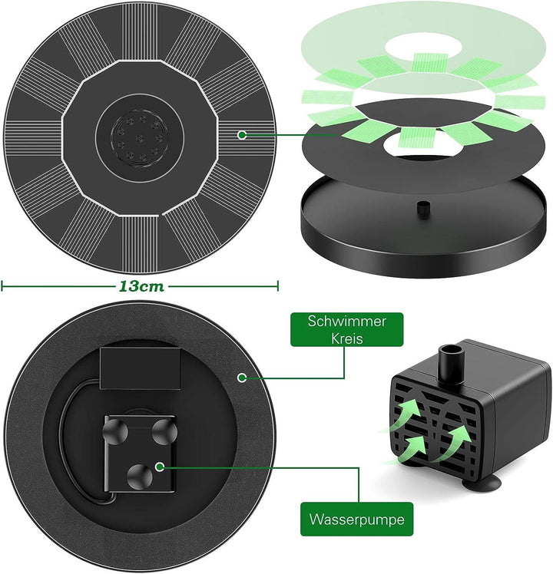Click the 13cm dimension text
click(141, 286)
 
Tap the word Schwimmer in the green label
click(346, 321)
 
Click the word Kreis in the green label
click(346, 338)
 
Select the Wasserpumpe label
click(356, 519)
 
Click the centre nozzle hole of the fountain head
click(139, 138)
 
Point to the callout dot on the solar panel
click(241, 135)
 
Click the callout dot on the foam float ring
click(242, 378)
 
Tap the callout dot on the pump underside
click(160, 467)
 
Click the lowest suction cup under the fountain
click(139, 477)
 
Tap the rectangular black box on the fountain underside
click(140, 368)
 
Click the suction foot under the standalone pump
click(482, 483)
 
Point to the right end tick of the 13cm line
click(278, 286)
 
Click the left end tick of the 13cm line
click(2, 286)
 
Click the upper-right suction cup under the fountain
click(164, 432)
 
